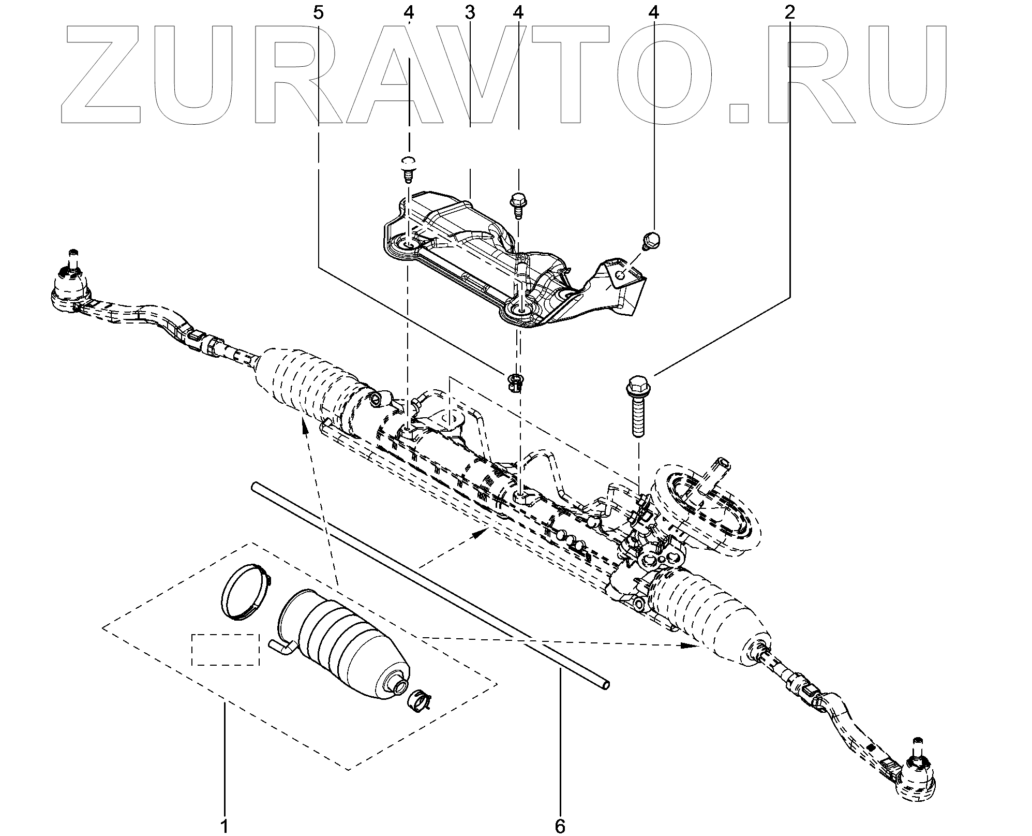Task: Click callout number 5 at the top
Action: coord(318,12)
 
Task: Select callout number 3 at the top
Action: coord(470,12)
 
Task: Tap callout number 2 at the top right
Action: coord(790,12)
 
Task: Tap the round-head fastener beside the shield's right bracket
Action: coord(651,240)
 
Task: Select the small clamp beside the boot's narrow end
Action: coord(421,700)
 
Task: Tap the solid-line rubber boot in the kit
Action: coord(344,647)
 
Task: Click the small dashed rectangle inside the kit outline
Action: coord(226,650)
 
